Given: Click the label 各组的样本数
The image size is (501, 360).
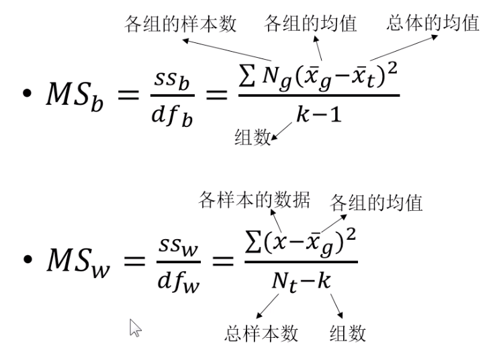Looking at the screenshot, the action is click(180, 25).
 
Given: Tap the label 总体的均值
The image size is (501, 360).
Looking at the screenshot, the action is click(433, 24).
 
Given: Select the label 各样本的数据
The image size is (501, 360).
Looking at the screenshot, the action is click(254, 201).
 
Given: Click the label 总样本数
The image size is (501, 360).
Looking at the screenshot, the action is click(261, 333).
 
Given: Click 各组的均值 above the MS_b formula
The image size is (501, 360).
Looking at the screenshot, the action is click(311, 25).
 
